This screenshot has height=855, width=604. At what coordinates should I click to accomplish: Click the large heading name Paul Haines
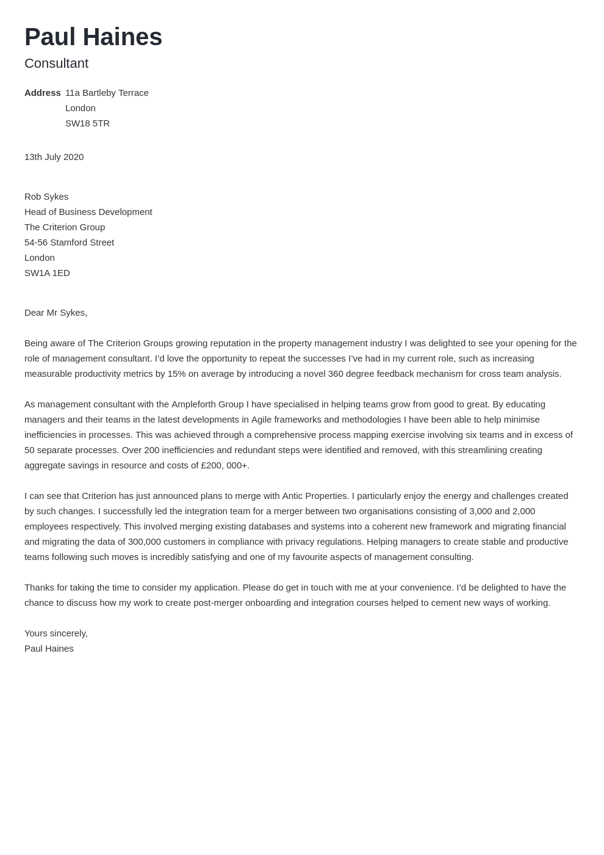pos(93,37)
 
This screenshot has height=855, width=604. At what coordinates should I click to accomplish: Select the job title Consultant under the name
pos(56,64)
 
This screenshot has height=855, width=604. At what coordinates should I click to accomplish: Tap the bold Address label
pos(42,93)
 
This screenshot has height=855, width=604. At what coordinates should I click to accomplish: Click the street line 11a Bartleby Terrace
pos(107,93)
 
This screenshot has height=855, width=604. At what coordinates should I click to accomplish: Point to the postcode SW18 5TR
pos(87,123)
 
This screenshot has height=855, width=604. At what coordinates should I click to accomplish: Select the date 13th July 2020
pos(54,157)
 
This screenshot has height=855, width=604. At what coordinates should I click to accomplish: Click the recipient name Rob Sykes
pos(46,197)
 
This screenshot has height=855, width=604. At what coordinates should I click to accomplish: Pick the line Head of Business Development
pos(88,212)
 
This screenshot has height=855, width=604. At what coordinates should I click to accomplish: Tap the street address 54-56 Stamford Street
pos(69,242)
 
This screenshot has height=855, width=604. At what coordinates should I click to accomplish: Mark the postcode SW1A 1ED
pos(47,273)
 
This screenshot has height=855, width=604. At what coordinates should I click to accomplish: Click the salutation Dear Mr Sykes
pos(56,313)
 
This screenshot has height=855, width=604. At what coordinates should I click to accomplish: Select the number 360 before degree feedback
pos(336,374)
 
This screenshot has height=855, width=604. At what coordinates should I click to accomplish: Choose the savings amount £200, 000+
pos(225,465)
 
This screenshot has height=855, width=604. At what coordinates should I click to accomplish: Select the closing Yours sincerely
pos(56,633)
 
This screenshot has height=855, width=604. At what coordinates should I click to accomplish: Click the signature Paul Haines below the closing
pos(49,649)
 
